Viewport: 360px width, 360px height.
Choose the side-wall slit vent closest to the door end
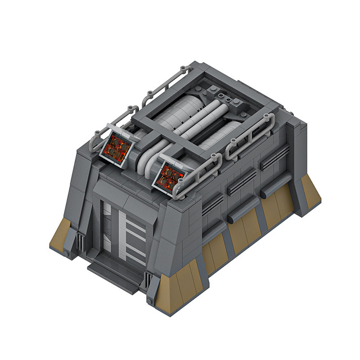(x=211, y=202)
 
